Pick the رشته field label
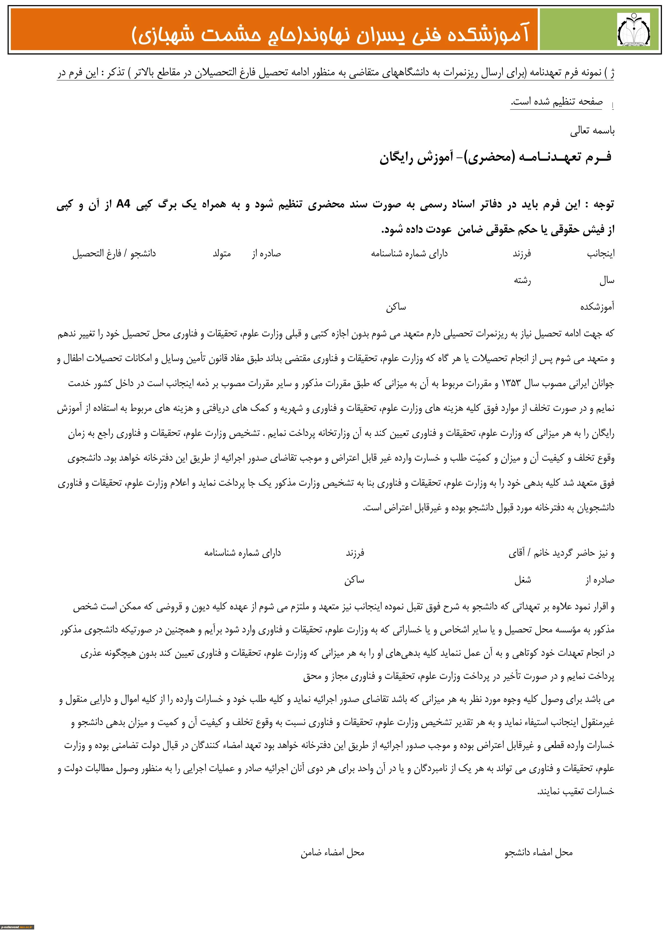coord(522,281)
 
